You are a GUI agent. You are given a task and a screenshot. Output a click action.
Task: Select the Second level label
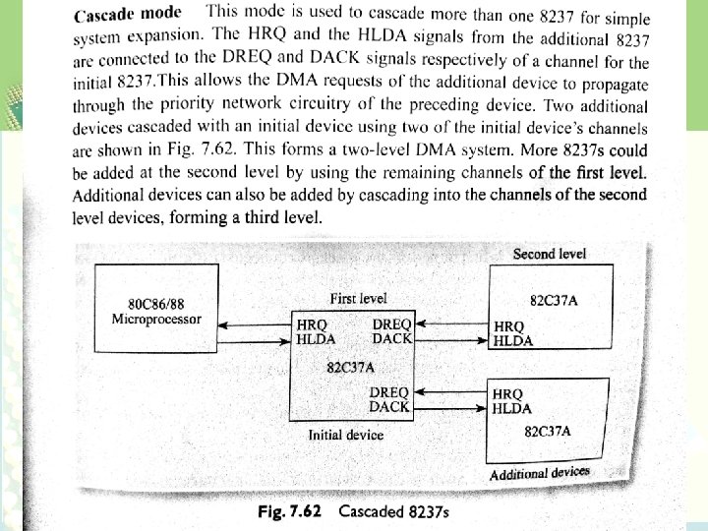click(x=549, y=254)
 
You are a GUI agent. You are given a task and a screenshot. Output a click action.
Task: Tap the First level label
click(x=359, y=298)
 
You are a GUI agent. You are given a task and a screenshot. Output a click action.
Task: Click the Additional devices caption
click(x=540, y=473)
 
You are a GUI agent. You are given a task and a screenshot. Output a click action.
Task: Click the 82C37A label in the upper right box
click(x=554, y=299)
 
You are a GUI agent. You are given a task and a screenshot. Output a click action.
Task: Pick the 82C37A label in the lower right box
click(x=548, y=431)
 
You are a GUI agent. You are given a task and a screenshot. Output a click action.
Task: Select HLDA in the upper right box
click(x=512, y=340)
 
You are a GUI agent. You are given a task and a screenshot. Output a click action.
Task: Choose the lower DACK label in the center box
click(x=389, y=405)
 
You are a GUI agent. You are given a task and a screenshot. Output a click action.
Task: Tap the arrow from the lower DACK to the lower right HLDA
click(x=450, y=406)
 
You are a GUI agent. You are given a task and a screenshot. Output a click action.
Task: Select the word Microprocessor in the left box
click(x=157, y=319)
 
